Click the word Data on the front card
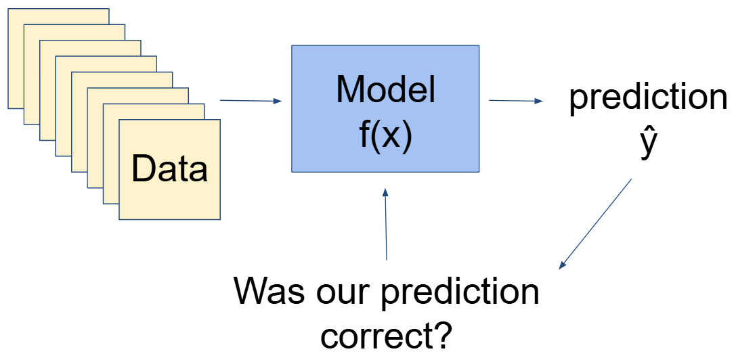[x=169, y=168]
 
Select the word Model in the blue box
[x=385, y=89]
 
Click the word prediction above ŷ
[x=648, y=99]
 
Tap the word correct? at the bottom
[x=386, y=334]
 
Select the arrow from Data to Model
[x=251, y=102]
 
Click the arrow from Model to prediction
[x=515, y=101]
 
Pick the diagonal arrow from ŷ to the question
[x=596, y=224]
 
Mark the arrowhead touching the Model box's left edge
[x=277, y=102]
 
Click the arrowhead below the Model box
[x=385, y=192]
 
